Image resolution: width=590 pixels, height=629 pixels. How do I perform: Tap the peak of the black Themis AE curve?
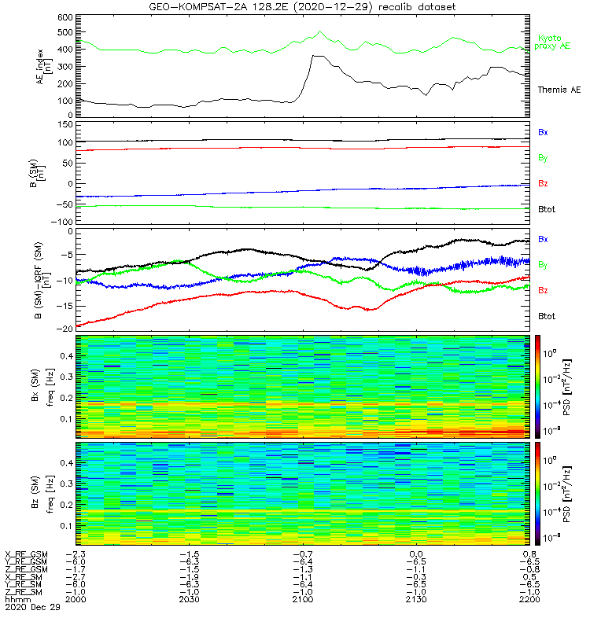click(315, 56)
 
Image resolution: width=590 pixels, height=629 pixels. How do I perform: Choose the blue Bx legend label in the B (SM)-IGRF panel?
click(543, 238)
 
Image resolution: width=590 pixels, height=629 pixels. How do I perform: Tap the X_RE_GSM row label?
click(26, 554)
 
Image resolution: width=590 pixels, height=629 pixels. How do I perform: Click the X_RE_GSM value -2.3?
click(76, 554)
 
